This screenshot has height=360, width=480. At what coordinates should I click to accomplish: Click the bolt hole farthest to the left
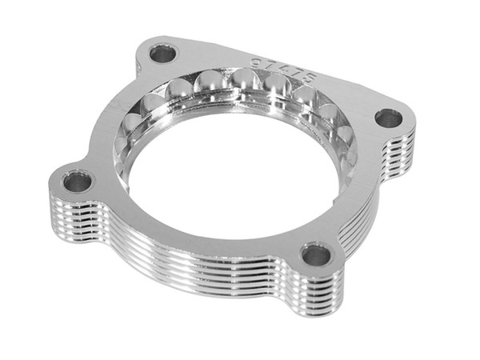pyautogui.click(x=78, y=182)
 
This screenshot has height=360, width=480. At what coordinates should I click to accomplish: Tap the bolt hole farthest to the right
pyautogui.click(x=389, y=118)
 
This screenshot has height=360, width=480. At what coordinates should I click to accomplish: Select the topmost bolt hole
pyautogui.click(x=162, y=54)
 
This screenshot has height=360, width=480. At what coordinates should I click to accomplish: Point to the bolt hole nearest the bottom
pyautogui.click(x=315, y=256)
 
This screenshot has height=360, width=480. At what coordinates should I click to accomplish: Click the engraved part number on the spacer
pyautogui.click(x=283, y=70)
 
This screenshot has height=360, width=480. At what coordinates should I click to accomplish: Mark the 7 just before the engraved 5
pyautogui.click(x=293, y=74)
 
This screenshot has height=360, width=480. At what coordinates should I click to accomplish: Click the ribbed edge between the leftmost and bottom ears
pyautogui.click(x=176, y=256)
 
